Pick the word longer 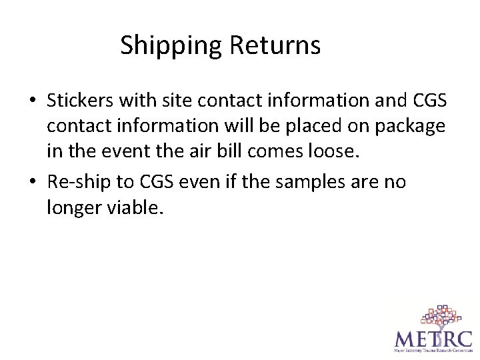point(74,208)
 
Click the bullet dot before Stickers point(31,101)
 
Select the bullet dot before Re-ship point(31,181)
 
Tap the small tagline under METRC point(432,350)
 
